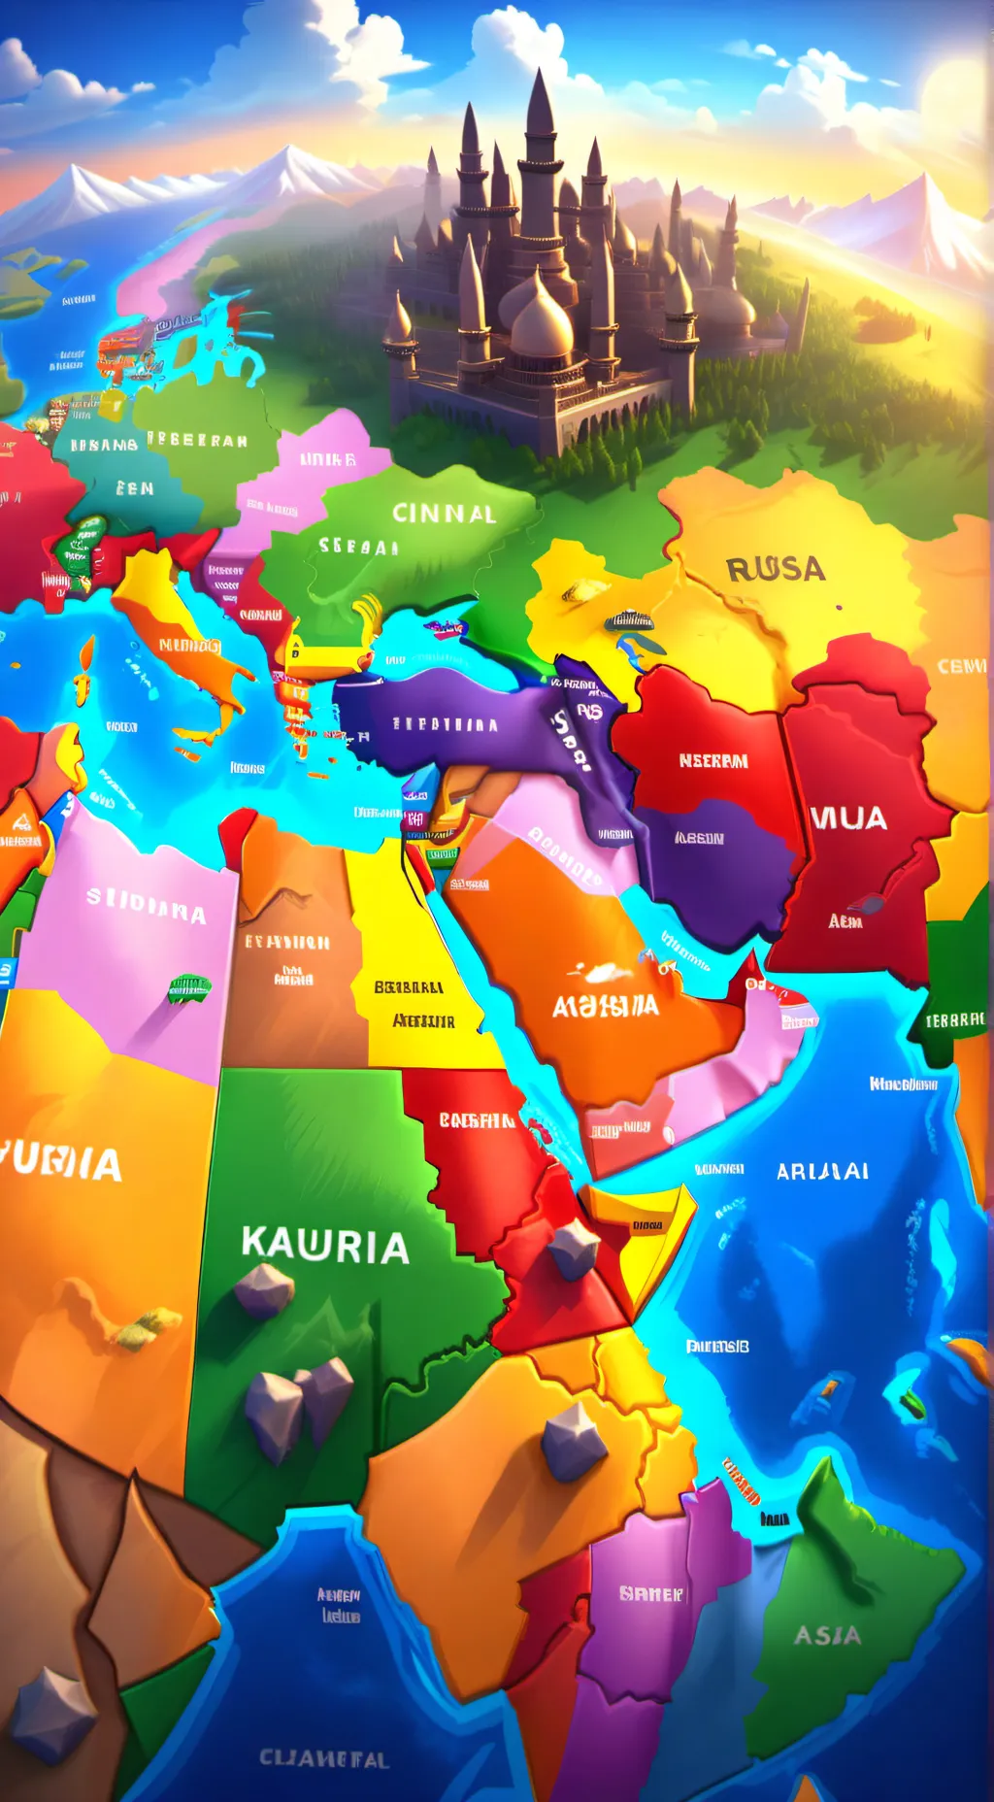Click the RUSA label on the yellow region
tap(776, 569)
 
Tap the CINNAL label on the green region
tap(444, 513)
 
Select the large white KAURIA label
tap(325, 1246)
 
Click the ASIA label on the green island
tap(827, 1635)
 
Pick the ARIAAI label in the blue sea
tap(822, 1171)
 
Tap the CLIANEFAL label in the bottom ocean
tap(324, 1758)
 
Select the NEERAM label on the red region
tap(713, 761)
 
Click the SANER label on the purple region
tap(651, 1593)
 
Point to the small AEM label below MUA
tap(845, 920)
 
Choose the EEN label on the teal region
tap(135, 487)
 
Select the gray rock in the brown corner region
tap(53, 1714)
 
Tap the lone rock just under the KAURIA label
tap(264, 1289)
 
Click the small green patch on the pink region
tap(189, 988)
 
